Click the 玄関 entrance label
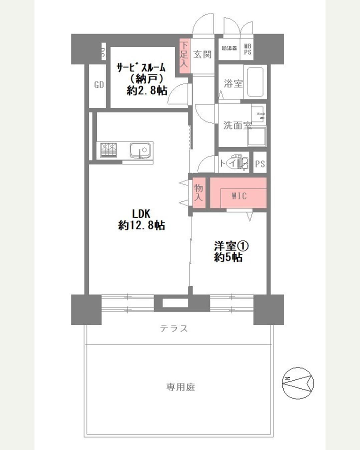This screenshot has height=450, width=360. point(203,54)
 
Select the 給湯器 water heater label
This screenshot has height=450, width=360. point(229,48)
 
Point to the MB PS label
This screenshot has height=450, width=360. point(248,49)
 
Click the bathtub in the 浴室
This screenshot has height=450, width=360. point(255,82)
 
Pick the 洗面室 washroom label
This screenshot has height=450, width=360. point(237,126)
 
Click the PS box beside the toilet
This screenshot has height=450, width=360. point(260,164)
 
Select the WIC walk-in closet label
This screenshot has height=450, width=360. point(239,196)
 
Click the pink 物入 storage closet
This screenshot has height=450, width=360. point(199,193)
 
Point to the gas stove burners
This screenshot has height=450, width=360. point(109,150)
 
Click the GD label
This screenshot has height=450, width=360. point(99,85)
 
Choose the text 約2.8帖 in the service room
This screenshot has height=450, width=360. point(147,90)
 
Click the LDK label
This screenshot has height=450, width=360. point(141,213)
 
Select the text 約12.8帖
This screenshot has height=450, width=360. point(141,226)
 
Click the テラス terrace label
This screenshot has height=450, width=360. point(174,328)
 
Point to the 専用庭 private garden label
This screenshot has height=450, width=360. point(180,387)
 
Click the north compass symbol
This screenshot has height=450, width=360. point(298,383)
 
